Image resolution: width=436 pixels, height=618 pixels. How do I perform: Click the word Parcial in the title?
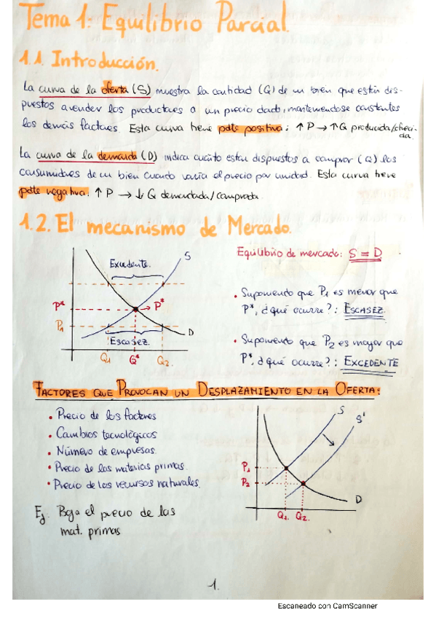[x=255, y=26]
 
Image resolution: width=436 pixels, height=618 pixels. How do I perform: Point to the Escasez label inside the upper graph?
[x=130, y=342]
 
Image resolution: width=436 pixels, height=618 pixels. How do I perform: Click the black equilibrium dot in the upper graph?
[x=135, y=309]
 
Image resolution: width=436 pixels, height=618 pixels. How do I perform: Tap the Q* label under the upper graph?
[x=133, y=359]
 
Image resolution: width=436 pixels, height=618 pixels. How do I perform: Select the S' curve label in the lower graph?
[x=361, y=421]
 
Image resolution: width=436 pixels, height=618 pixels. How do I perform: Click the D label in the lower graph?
[x=359, y=500]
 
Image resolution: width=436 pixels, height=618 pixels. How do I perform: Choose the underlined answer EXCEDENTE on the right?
[x=371, y=361]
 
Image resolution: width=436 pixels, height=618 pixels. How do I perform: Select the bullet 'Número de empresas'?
[x=102, y=450]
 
